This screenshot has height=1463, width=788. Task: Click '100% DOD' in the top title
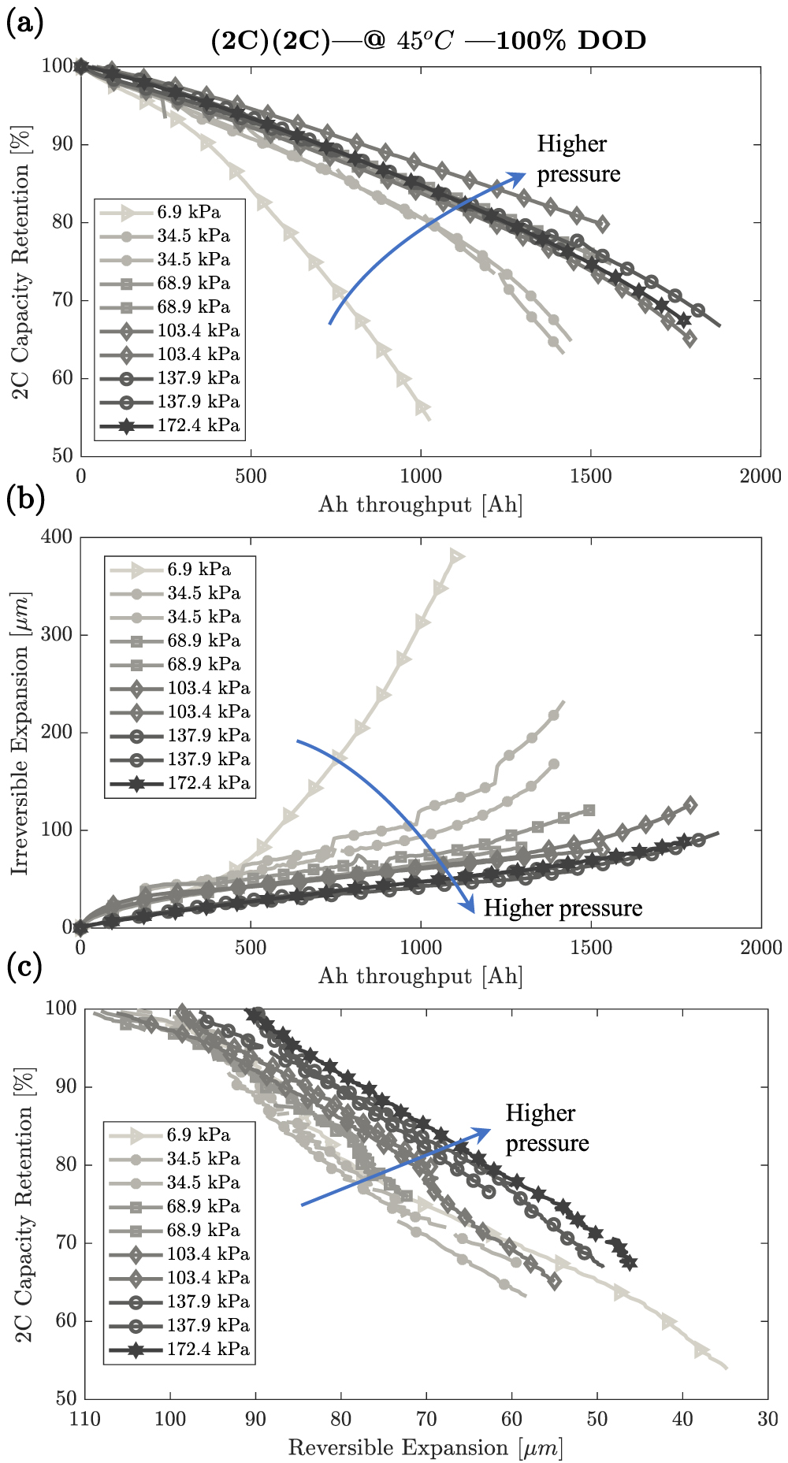pos(571,40)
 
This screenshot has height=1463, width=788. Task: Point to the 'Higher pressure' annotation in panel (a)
pos(578,159)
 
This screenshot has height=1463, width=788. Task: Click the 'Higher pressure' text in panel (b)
pos(563,908)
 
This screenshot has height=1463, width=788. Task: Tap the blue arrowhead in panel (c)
pos(483,1132)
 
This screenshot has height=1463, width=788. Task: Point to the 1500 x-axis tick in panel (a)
pos(590,476)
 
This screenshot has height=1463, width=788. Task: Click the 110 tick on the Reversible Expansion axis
pos(85,1419)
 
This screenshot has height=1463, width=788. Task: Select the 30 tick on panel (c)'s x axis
pos(768,1419)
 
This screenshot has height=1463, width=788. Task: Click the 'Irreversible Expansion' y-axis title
pos(20,733)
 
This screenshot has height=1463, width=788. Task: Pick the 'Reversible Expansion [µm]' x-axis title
pos(426,1448)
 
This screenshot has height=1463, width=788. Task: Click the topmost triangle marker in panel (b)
pos(455,556)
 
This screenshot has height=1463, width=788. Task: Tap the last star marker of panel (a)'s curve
pos(684,320)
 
